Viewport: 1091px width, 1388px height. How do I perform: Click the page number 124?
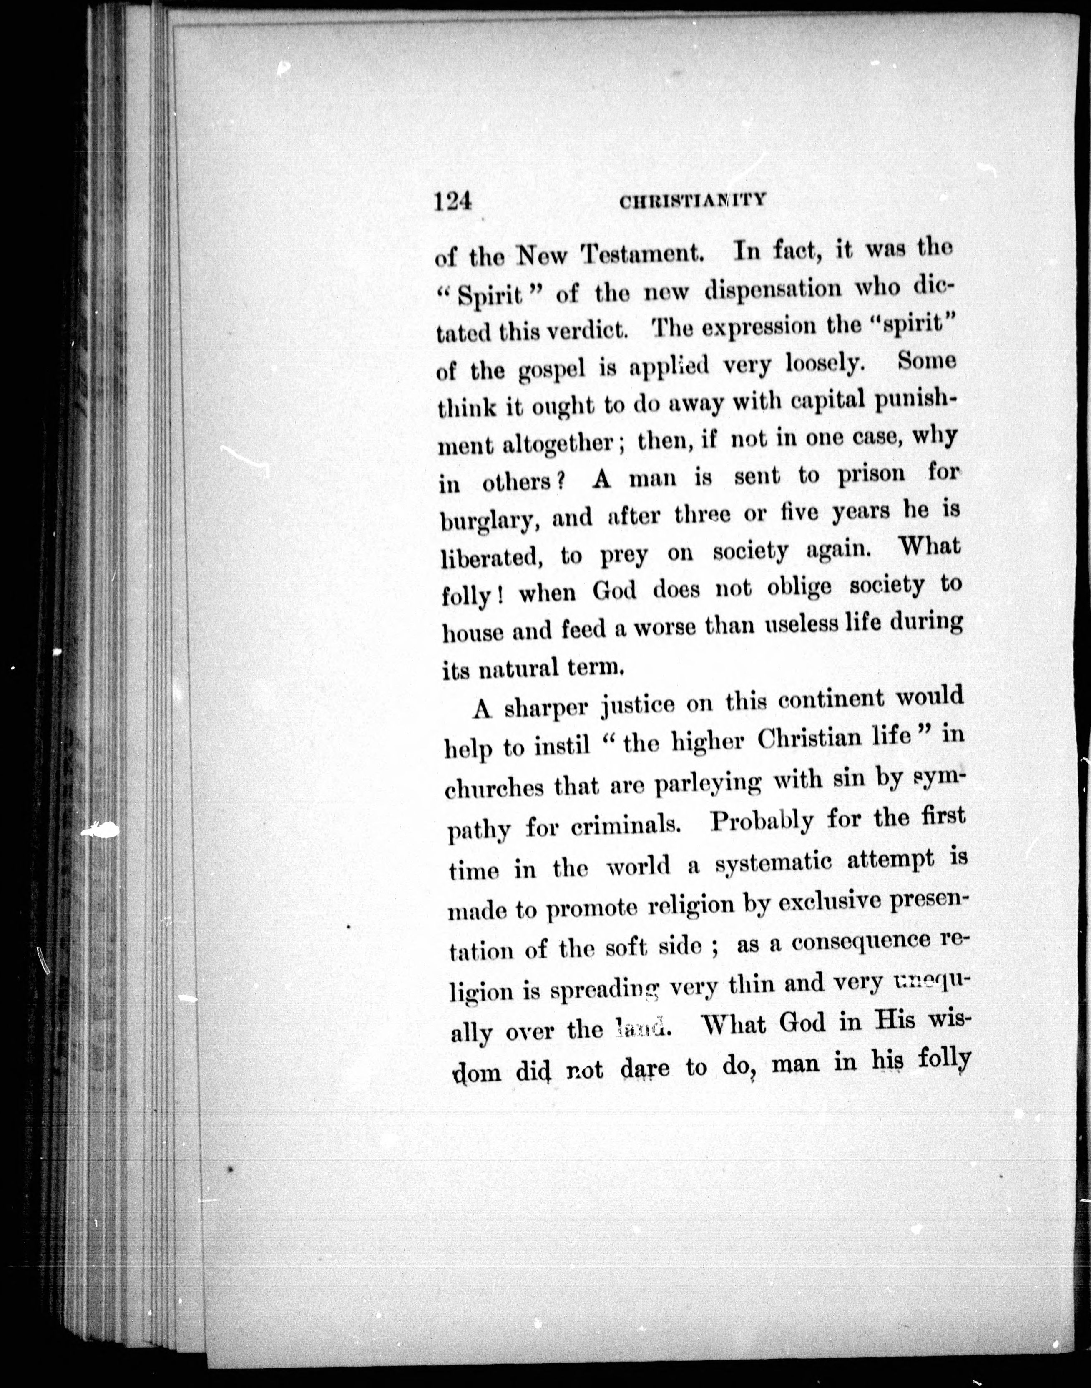[x=452, y=202]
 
